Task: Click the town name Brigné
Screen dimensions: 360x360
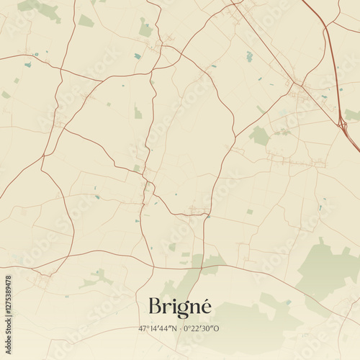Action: (x=179, y=306)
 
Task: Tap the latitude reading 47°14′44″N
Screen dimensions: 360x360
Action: (x=157, y=329)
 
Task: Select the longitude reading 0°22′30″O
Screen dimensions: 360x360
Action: (x=202, y=329)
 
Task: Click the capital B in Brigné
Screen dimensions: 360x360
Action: (x=155, y=306)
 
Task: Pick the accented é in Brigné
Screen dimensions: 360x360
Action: (x=205, y=306)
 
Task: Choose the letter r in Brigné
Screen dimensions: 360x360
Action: (x=166, y=307)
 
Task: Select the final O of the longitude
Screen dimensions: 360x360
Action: (x=217, y=329)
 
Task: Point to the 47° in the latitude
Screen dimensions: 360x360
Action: (x=143, y=329)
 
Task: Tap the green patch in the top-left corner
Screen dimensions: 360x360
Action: (x=43, y=9)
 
